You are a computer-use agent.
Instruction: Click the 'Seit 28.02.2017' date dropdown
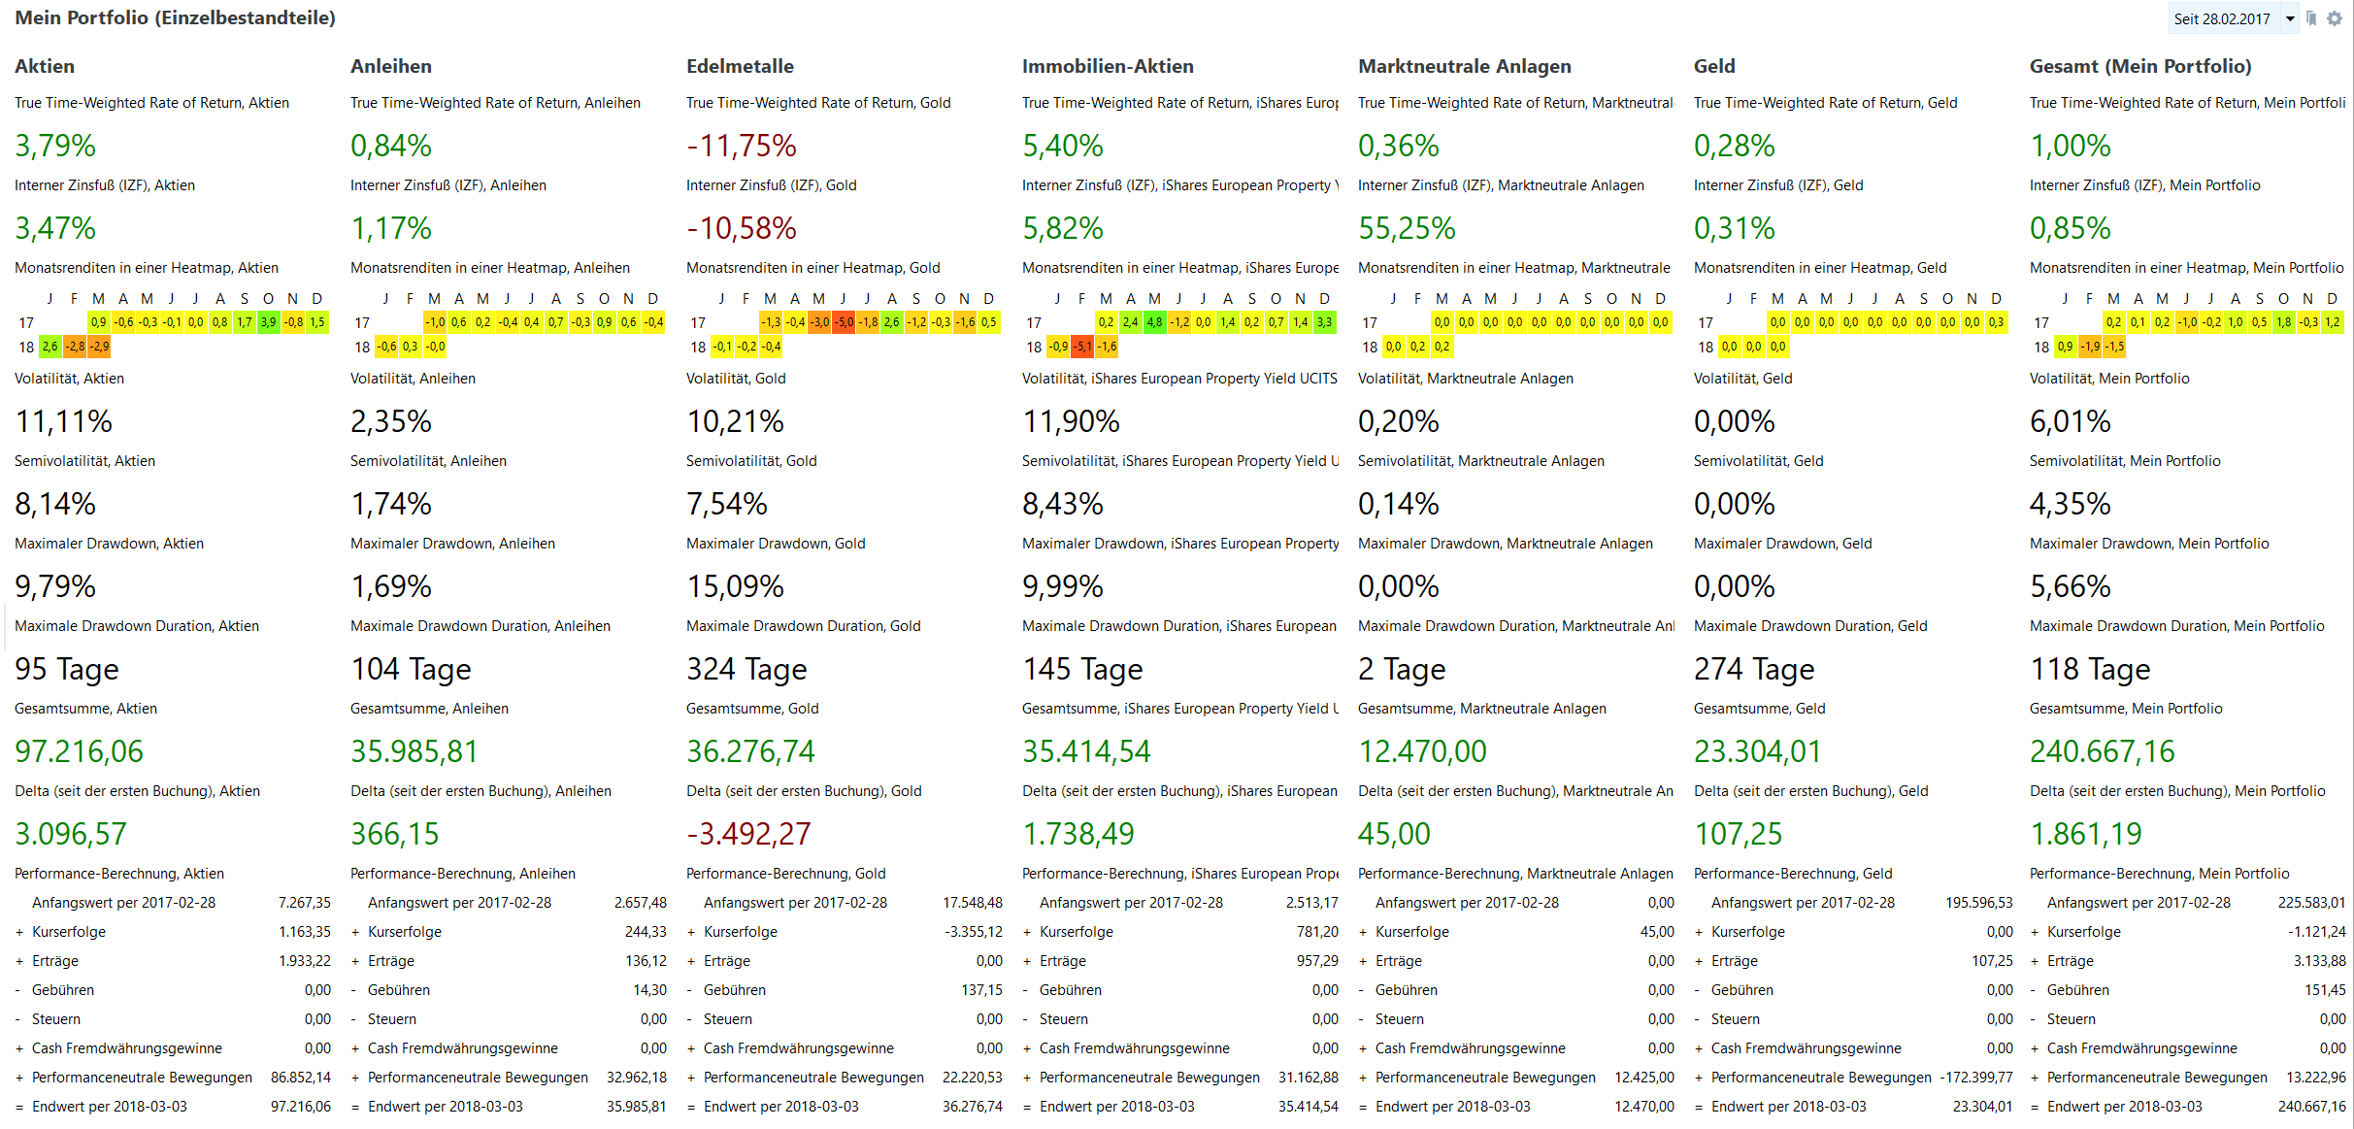[x=2233, y=19]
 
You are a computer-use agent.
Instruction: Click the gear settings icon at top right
[x=2335, y=18]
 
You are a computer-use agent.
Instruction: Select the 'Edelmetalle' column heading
[x=740, y=66]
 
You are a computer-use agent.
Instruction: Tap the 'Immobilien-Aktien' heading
[x=1108, y=66]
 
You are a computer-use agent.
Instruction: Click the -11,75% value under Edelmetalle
[x=742, y=146]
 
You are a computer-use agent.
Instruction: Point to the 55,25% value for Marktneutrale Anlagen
[x=1407, y=228]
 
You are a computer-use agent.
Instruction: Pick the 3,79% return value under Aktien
[x=55, y=146]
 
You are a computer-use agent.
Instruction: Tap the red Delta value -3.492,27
[x=748, y=834]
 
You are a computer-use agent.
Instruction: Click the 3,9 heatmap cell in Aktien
[x=269, y=322]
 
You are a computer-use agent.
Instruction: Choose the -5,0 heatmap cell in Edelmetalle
[x=844, y=322]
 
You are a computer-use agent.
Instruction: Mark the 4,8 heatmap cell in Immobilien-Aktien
[x=1154, y=322]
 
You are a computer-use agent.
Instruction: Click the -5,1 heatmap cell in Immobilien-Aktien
[x=1082, y=347]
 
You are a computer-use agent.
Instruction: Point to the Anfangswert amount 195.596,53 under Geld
[x=1978, y=903]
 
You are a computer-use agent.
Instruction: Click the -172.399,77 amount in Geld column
[x=1975, y=1078]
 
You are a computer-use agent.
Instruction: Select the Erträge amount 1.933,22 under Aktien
[x=305, y=961]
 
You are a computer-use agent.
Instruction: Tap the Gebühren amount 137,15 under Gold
[x=981, y=990]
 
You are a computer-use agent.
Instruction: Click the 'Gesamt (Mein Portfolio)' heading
[x=2139, y=66]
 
